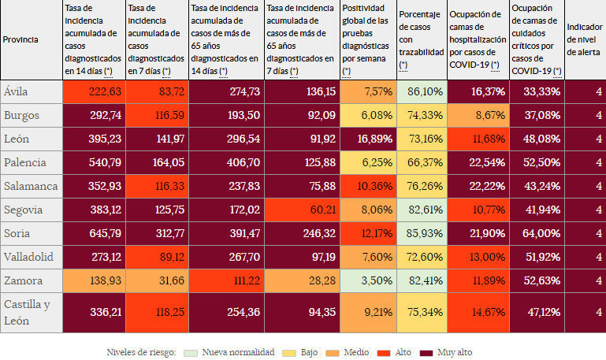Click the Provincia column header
(21, 39)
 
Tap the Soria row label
(17, 234)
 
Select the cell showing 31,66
(157, 281)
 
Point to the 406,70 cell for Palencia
(226, 163)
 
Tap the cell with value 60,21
(303, 210)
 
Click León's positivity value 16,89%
(369, 139)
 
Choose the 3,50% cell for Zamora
(369, 281)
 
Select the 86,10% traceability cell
(422, 91)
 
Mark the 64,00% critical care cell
(537, 234)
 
